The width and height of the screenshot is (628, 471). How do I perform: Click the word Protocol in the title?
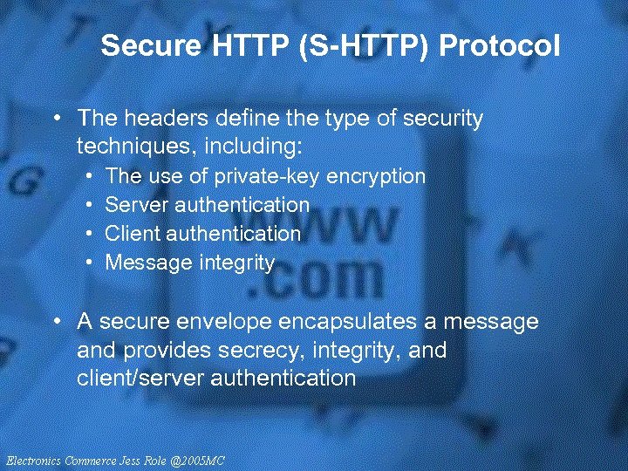pos(500,45)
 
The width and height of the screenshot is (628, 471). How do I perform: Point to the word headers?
pos(155,118)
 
